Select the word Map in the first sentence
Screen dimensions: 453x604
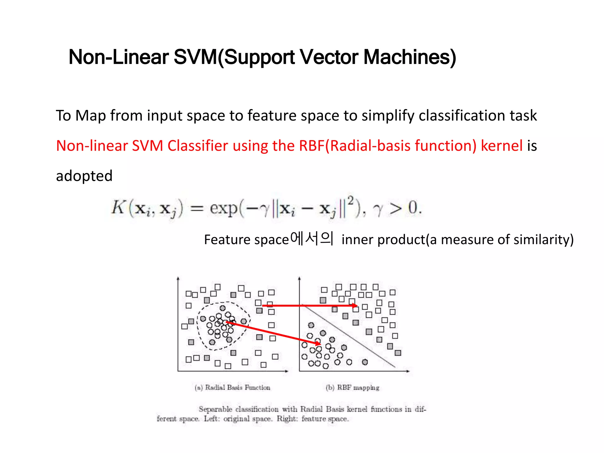point(90,116)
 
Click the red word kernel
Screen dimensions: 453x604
point(501,146)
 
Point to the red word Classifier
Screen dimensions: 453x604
point(198,146)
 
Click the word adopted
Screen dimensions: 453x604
point(84,176)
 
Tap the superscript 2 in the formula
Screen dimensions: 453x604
point(350,201)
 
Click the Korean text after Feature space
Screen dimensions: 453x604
point(312,239)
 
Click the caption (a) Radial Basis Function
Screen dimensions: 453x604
point(232,388)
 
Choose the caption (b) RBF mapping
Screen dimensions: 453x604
point(352,388)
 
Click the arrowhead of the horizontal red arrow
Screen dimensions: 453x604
point(355,306)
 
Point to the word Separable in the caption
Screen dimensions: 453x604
point(215,409)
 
